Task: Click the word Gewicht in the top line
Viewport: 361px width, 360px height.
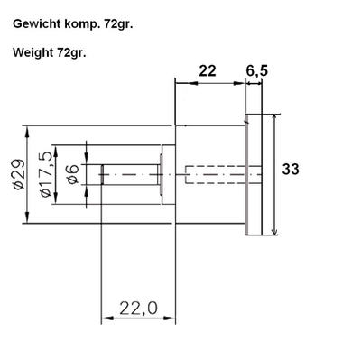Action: (37, 24)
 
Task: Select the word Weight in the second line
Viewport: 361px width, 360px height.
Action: (32, 52)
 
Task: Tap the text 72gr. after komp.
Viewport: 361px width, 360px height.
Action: (118, 24)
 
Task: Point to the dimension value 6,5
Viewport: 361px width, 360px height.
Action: (256, 71)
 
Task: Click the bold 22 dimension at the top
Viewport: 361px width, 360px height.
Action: (208, 71)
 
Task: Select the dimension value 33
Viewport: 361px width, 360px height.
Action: (291, 169)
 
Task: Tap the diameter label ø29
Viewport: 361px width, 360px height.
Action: (19, 174)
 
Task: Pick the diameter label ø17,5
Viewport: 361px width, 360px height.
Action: (46, 174)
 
